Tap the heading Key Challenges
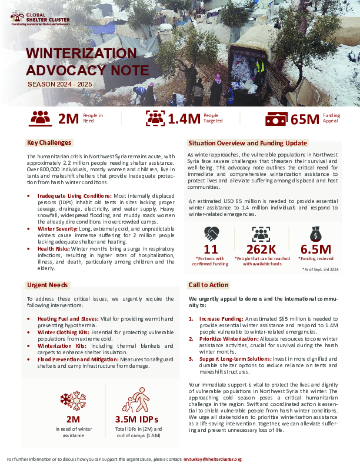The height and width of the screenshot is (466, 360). pos(49,142)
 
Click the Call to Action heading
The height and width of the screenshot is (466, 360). pos(208,285)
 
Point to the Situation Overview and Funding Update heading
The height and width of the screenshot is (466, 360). pos(247,143)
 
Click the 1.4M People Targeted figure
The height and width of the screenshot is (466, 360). pos(184,119)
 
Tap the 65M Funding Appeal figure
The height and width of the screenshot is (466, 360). pos(305,119)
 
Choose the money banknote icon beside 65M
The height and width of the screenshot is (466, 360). pos(276,119)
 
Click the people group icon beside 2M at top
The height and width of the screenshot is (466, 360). pos(41,118)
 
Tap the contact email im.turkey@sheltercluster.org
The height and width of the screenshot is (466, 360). pos(212,458)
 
